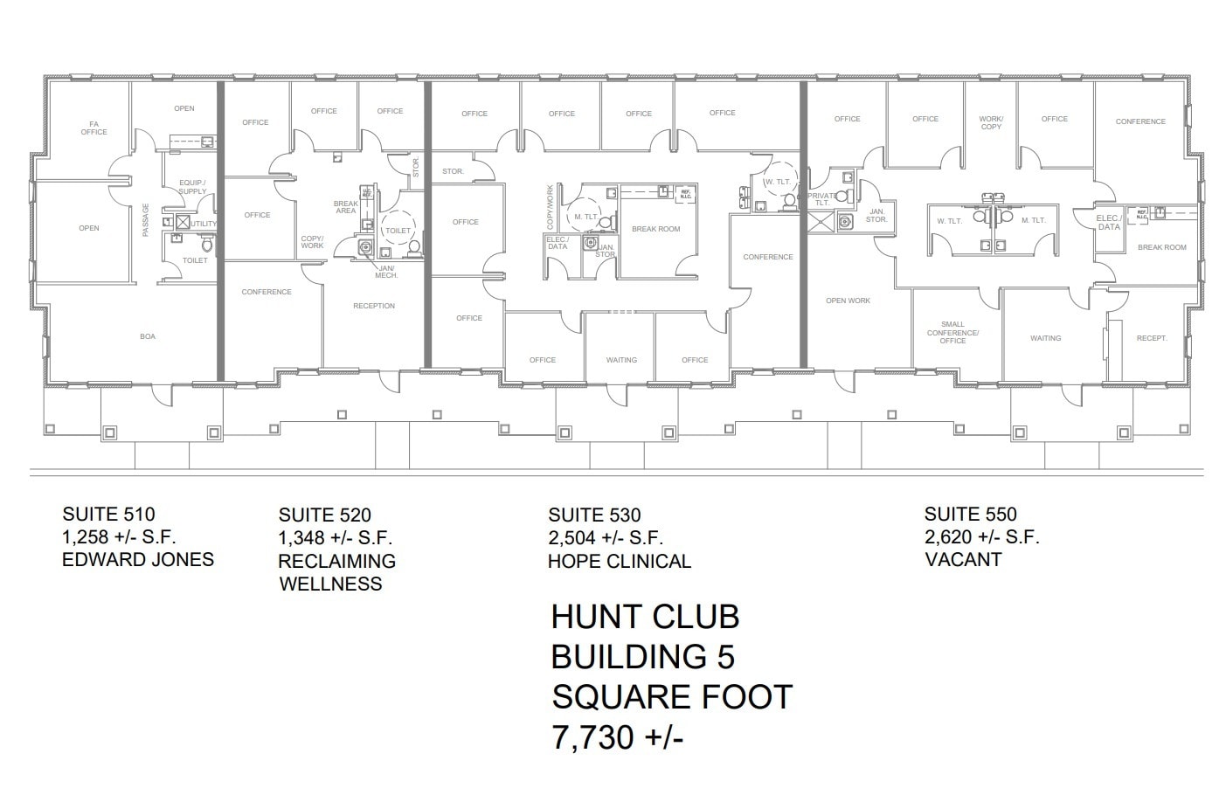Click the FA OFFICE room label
(x=94, y=128)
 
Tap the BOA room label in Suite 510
(x=148, y=336)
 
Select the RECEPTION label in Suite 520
(x=374, y=306)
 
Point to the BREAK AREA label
(x=346, y=207)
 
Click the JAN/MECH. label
(x=387, y=272)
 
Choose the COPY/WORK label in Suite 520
(x=312, y=242)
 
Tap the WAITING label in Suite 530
(x=621, y=360)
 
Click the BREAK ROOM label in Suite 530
(x=655, y=229)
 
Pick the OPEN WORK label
(x=848, y=301)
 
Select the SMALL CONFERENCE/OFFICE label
(x=952, y=332)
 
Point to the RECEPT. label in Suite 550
(x=1152, y=338)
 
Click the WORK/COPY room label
(x=991, y=122)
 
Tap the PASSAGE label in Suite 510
(x=146, y=220)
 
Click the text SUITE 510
(x=108, y=515)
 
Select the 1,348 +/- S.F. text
(x=336, y=538)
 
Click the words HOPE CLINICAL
(x=619, y=562)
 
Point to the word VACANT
(x=963, y=560)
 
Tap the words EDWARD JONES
(x=138, y=560)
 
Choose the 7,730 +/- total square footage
(x=617, y=738)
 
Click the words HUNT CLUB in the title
(x=645, y=618)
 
